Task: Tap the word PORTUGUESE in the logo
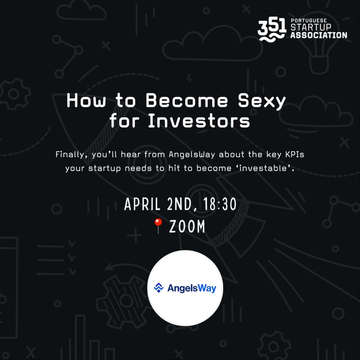pyautogui.click(x=307, y=21)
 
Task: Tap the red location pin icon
pyautogui.click(x=158, y=227)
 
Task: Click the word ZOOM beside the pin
pyautogui.click(x=187, y=227)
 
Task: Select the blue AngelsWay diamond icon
pyautogui.click(x=158, y=288)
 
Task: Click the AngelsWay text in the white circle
pyautogui.click(x=192, y=288)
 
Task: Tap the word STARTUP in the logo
pyautogui.click(x=311, y=28)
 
